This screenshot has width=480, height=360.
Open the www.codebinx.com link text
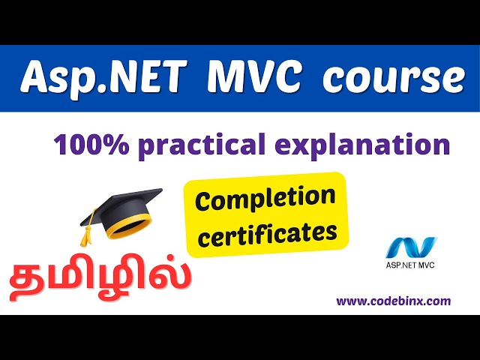[393, 301]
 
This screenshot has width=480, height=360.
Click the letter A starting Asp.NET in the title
[34, 78]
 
